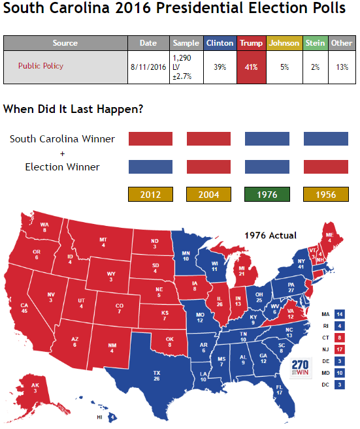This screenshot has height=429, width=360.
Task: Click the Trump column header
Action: click(x=251, y=43)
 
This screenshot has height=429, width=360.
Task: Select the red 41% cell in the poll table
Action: click(x=251, y=67)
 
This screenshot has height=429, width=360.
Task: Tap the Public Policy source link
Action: click(x=41, y=66)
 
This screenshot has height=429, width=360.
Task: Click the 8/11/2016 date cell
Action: click(x=148, y=67)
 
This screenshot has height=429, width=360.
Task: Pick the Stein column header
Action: click(x=315, y=43)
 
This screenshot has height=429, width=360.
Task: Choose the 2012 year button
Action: click(x=150, y=194)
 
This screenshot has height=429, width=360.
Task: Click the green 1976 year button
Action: click(x=267, y=194)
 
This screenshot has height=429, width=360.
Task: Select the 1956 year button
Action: click(x=325, y=194)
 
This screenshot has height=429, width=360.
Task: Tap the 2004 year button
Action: click(x=208, y=194)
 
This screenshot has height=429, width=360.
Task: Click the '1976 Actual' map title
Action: click(x=270, y=235)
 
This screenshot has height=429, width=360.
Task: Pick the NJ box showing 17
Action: click(x=340, y=349)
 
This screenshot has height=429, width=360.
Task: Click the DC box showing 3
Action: click(x=340, y=385)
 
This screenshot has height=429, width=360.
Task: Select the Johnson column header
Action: click(x=284, y=43)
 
